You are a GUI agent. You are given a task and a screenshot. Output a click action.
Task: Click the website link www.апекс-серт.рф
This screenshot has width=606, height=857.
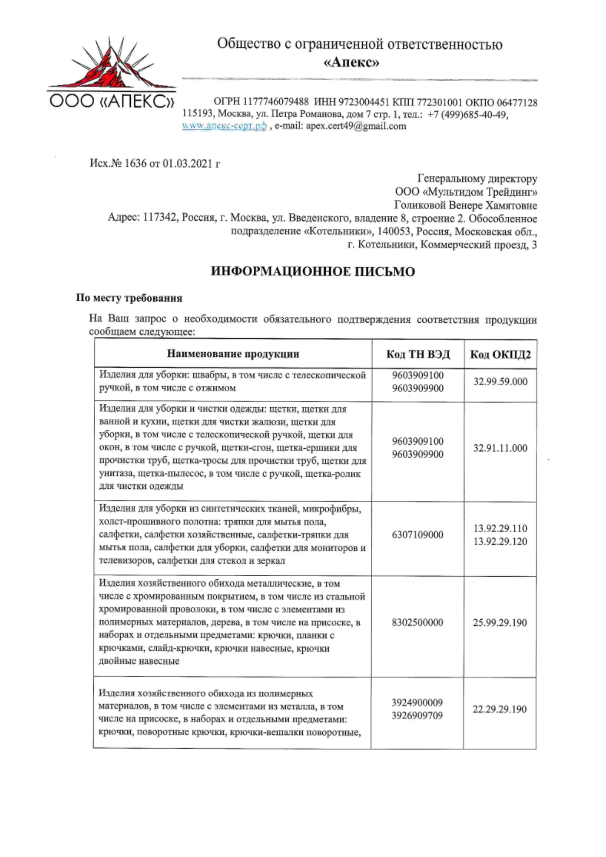pos(224,126)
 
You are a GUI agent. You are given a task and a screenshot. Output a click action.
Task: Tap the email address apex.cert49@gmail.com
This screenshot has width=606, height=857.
pos(356,126)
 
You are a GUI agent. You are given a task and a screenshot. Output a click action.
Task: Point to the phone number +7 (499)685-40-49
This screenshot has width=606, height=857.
pos(467,115)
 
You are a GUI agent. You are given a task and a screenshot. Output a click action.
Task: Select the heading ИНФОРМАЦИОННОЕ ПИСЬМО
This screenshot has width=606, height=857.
pos(313,272)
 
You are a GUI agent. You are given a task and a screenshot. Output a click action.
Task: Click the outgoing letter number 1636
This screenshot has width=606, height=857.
pos(135,163)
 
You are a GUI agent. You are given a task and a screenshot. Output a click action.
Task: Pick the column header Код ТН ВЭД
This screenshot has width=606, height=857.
pos(418,354)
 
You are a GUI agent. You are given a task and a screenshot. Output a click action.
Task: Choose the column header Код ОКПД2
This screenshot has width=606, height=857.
pos(500,354)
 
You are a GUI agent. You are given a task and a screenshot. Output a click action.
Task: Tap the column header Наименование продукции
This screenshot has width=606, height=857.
pos(233,354)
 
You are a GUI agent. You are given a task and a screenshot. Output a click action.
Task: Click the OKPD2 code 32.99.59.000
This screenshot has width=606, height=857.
pos(500,381)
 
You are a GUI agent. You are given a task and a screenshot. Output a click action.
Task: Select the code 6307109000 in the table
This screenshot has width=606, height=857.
pos(418,535)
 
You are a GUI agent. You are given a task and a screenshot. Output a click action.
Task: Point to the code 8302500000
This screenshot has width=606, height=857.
pos(418,623)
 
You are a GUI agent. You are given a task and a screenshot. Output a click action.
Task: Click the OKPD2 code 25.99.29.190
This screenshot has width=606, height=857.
pos(500,623)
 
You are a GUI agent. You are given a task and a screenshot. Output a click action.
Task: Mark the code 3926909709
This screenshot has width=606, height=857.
pos(418,716)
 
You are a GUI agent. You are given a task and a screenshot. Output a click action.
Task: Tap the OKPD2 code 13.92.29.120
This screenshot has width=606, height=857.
pos(500,542)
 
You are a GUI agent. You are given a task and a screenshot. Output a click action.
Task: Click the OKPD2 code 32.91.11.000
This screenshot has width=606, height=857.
pos(500,448)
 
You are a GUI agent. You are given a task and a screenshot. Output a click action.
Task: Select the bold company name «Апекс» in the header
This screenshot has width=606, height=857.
pos(352,63)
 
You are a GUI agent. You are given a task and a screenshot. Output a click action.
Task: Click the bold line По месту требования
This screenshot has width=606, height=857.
pos(129,298)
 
